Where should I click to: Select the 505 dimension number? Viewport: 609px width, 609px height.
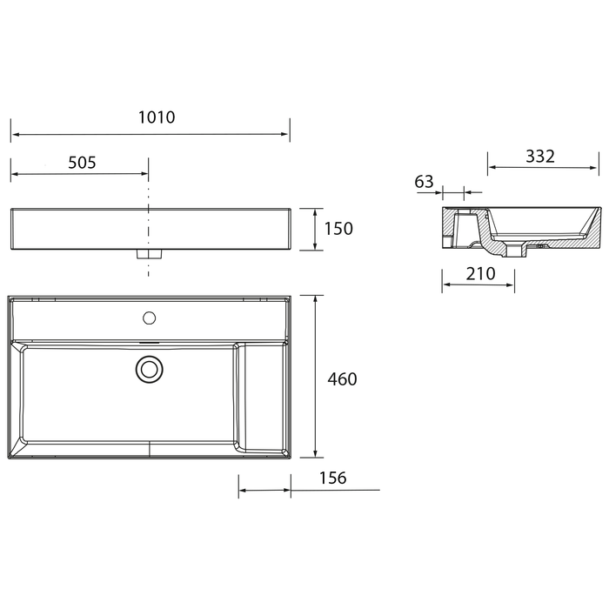pyautogui.click(x=81, y=162)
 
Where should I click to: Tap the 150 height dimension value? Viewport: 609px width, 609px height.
pyautogui.click(x=338, y=229)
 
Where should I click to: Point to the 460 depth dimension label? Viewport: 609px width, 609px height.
pyautogui.click(x=342, y=379)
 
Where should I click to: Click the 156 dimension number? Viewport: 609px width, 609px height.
pyautogui.click(x=332, y=478)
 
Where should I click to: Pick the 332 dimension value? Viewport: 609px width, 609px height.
pyautogui.click(x=540, y=157)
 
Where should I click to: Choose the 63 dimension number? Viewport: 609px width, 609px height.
pyautogui.click(x=425, y=182)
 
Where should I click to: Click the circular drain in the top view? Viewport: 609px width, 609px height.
pyautogui.click(x=150, y=370)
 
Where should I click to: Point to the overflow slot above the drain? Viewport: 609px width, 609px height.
pyautogui.click(x=150, y=343)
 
